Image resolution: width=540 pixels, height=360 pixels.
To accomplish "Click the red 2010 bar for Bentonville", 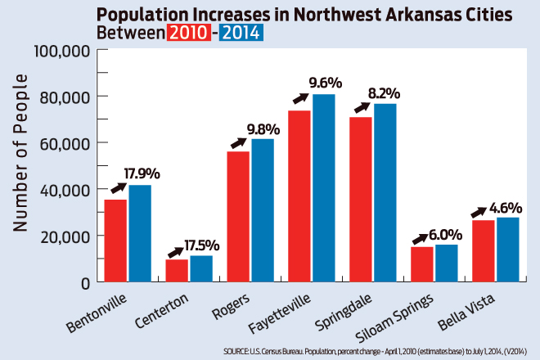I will pyautogui.click(x=115, y=241).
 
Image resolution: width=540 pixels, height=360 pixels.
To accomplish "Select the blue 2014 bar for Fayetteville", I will pyautogui.click(x=323, y=188).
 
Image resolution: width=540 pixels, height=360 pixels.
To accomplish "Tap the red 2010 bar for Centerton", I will pyautogui.click(x=177, y=270).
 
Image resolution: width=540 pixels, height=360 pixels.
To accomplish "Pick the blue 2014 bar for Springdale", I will pyautogui.click(x=385, y=192).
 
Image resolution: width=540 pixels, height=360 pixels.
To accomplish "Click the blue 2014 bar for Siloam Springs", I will pyautogui.click(x=446, y=263).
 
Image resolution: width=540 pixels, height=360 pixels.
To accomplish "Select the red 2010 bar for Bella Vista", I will pyautogui.click(x=484, y=250).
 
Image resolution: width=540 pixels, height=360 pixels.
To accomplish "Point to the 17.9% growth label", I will pyautogui.click(x=142, y=173).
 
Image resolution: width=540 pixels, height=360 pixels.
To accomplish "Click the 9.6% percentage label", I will pyautogui.click(x=325, y=83).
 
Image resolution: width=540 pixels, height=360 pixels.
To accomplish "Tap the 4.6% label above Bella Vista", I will pyautogui.click(x=505, y=207).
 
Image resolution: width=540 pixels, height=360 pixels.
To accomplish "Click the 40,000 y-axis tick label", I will pyautogui.click(x=65, y=190).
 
